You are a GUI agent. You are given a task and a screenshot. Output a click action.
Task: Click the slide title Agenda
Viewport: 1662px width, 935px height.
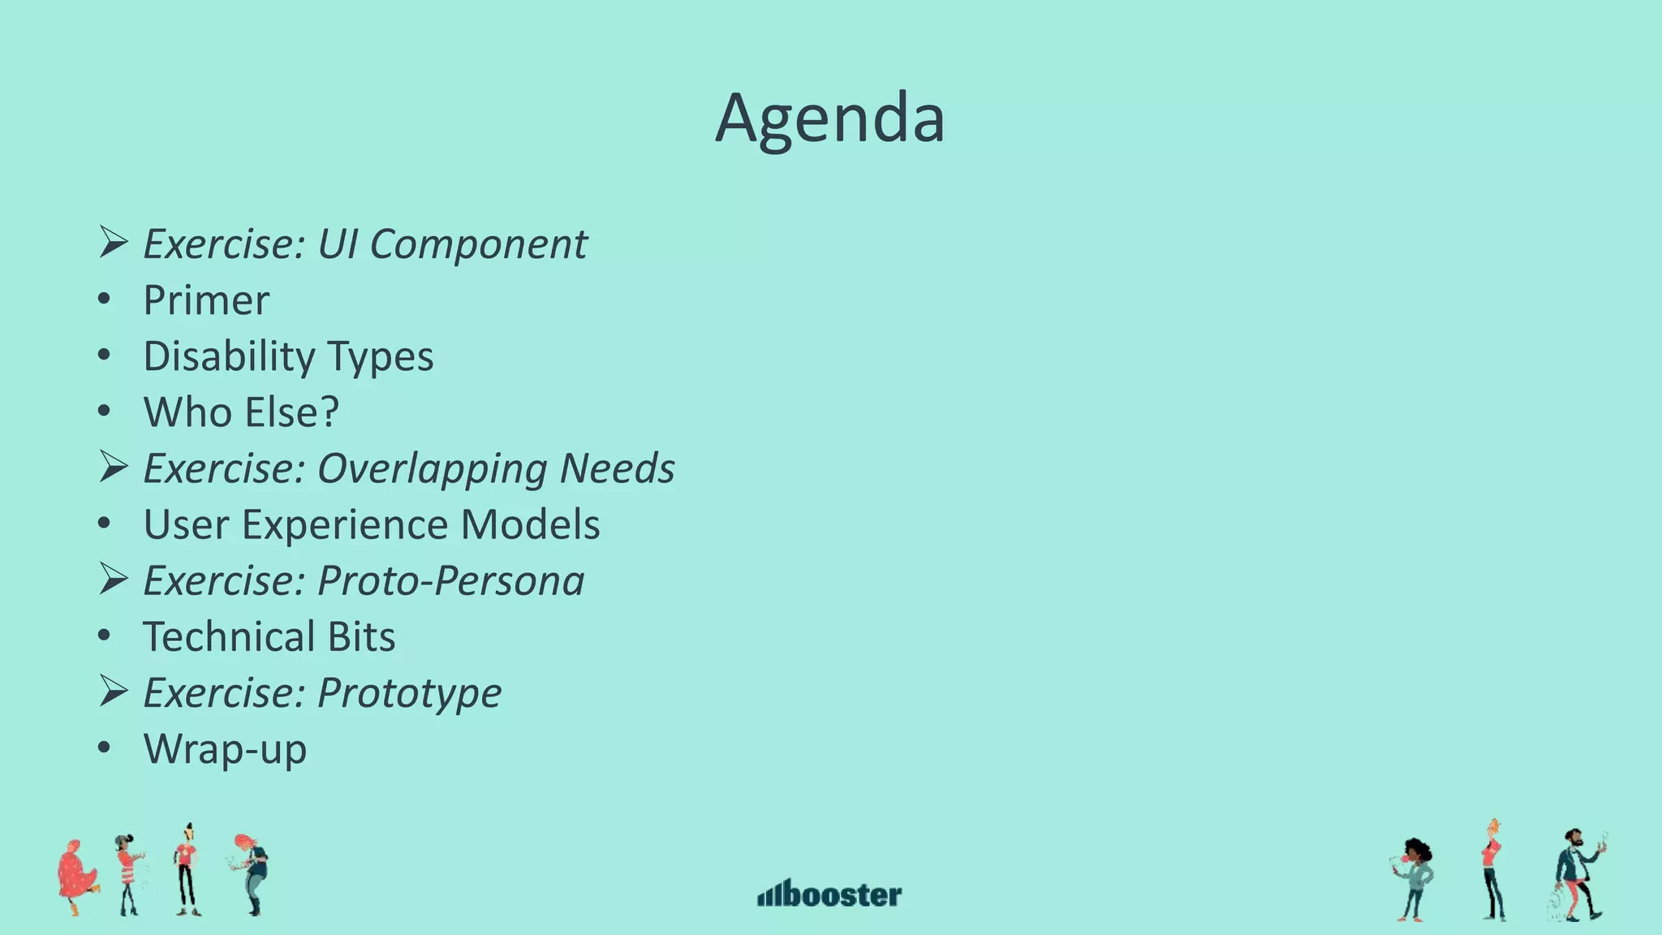point(829,118)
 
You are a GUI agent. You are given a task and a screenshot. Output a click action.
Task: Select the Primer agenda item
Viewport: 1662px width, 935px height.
point(206,300)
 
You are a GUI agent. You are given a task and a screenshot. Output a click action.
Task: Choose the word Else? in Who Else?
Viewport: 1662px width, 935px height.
point(291,412)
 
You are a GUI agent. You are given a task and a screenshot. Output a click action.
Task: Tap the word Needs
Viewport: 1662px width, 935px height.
point(617,468)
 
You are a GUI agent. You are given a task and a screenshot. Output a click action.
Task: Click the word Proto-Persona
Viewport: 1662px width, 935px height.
point(450,581)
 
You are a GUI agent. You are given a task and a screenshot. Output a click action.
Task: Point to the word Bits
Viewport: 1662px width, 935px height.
point(361,636)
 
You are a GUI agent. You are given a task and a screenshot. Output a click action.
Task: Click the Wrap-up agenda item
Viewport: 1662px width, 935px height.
point(225,749)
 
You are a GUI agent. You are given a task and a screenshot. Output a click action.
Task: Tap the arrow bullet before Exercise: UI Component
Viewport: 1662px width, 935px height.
point(113,242)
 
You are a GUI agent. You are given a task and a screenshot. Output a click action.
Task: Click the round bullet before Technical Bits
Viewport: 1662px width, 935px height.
point(104,636)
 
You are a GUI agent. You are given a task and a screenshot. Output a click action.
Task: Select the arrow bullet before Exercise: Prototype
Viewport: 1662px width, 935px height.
point(113,691)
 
